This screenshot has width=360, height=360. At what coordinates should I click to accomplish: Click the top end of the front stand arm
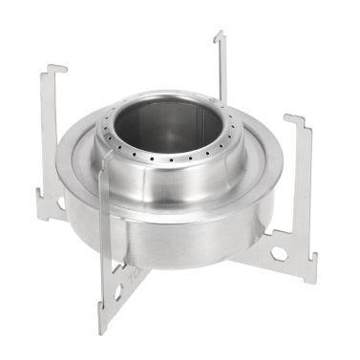pyautogui.click(x=104, y=176)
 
